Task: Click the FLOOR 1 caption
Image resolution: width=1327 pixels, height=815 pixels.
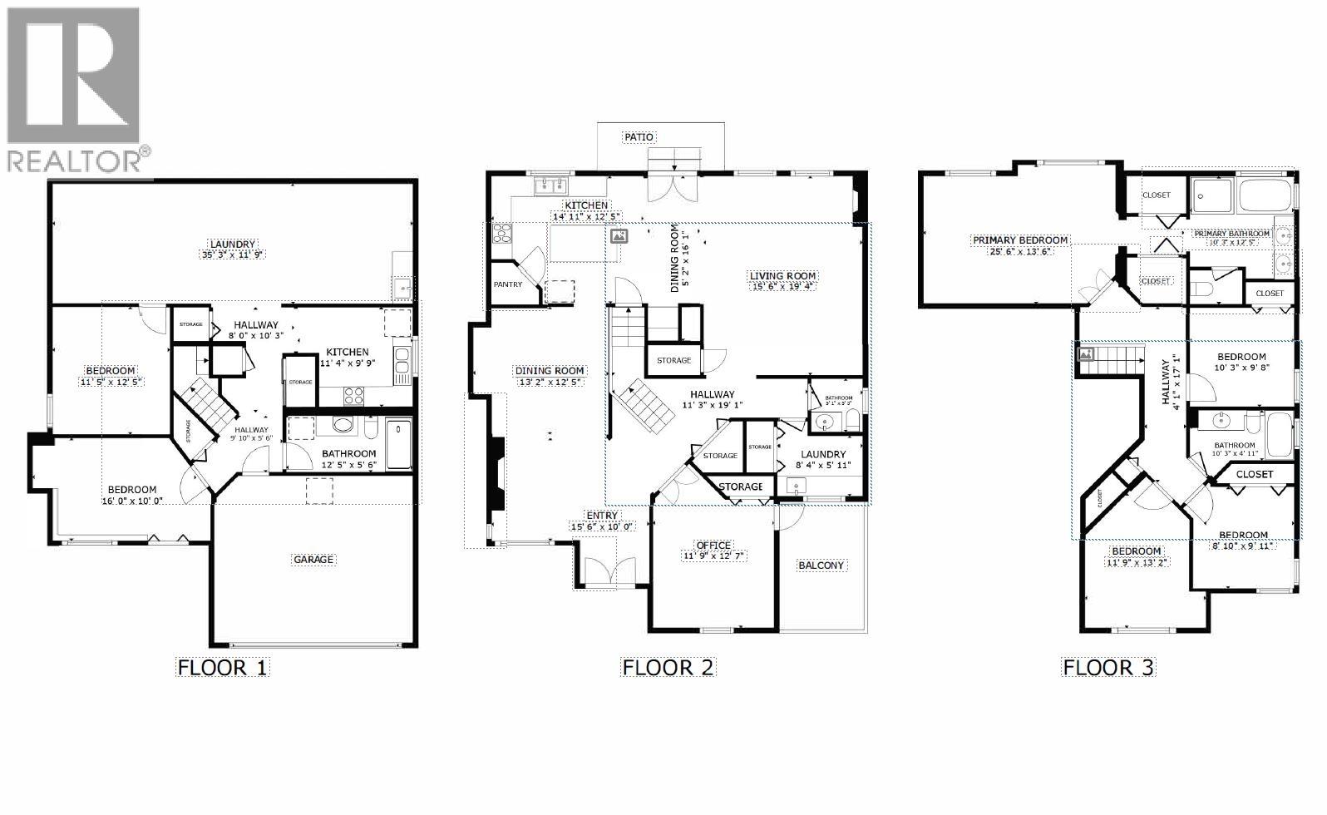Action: pyautogui.click(x=223, y=667)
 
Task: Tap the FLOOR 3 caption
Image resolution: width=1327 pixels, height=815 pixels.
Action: pyautogui.click(x=1109, y=667)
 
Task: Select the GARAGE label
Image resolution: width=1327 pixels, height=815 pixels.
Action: pyautogui.click(x=313, y=560)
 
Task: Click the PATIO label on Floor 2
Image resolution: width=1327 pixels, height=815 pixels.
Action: pyautogui.click(x=639, y=136)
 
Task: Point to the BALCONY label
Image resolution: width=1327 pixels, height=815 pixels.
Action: pyautogui.click(x=821, y=566)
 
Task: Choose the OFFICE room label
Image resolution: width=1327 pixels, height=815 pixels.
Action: pyautogui.click(x=713, y=546)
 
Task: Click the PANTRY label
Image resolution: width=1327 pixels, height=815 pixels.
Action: pyautogui.click(x=508, y=284)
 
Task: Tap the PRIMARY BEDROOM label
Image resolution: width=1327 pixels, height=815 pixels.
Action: pyautogui.click(x=1019, y=240)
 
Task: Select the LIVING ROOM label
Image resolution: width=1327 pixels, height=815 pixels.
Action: pyautogui.click(x=782, y=276)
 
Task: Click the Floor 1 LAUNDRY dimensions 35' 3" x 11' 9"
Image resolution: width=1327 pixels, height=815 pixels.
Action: pyautogui.click(x=232, y=254)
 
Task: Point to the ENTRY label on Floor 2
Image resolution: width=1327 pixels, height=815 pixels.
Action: pyautogui.click(x=601, y=516)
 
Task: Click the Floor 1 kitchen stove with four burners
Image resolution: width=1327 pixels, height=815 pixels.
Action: pyautogui.click(x=354, y=396)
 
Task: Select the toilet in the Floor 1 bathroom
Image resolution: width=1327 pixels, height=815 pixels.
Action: pyautogui.click(x=371, y=428)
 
